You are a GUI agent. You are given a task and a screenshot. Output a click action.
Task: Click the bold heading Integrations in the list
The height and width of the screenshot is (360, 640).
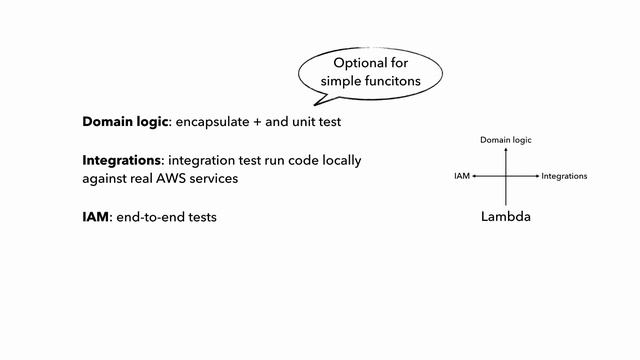[x=121, y=160]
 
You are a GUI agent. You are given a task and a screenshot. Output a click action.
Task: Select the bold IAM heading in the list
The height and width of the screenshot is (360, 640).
[x=96, y=216]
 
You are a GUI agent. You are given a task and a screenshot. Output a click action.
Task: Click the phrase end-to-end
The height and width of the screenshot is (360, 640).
[x=149, y=216]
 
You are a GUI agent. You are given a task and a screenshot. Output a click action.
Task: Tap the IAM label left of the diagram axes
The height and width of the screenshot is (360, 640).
[x=461, y=176]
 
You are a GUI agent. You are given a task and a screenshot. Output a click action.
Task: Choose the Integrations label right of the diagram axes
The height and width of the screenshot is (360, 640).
[x=564, y=176]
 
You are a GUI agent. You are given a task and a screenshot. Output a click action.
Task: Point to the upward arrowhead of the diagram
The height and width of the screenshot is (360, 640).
[x=506, y=149]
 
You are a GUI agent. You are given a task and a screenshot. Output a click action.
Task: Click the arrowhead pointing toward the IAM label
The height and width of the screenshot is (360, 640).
[x=474, y=176]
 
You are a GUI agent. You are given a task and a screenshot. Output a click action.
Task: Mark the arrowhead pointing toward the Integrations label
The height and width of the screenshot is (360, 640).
[x=537, y=176]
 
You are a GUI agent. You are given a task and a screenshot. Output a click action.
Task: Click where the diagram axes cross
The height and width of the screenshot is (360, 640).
[x=506, y=176]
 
